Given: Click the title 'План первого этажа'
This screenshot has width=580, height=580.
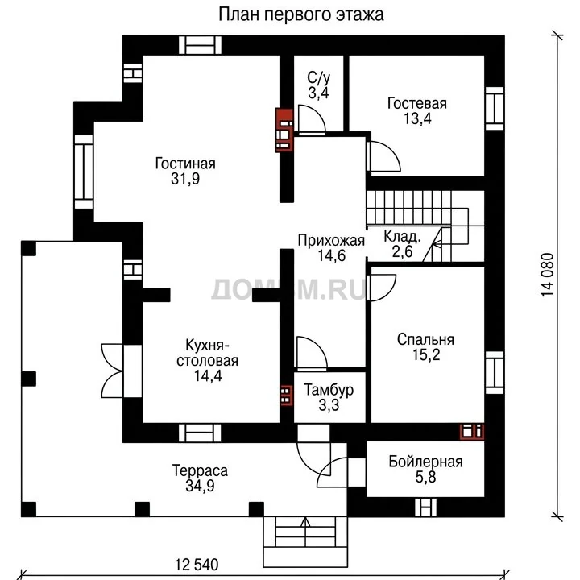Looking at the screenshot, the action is (300, 14).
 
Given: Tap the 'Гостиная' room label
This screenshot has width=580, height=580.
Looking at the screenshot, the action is (185, 163).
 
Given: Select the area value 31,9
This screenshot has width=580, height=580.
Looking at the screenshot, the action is (185, 179).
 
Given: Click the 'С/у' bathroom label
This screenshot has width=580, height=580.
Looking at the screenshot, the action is (318, 77).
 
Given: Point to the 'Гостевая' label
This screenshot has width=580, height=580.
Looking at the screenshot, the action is (417, 103).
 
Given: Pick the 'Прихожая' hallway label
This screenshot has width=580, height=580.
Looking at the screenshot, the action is (331, 240).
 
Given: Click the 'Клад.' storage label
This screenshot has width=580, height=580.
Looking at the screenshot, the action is (402, 236).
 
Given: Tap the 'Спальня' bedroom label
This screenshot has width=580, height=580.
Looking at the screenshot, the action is (425, 339).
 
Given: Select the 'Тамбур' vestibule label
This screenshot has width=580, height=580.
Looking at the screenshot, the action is (329, 390).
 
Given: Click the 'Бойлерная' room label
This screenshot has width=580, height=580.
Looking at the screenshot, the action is (425, 462).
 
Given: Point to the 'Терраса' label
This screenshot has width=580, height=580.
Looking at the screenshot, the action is (200, 470).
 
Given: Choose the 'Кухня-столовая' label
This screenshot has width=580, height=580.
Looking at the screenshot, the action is (207, 353).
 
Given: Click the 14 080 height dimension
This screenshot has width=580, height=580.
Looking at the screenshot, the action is (548, 274).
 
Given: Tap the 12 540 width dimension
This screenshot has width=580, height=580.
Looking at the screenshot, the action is (197, 565).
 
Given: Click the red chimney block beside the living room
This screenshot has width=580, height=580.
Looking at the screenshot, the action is (284, 130).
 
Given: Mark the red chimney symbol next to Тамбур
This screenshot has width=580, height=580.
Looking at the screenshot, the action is (286, 395).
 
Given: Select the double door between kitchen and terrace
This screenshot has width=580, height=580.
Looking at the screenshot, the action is (112, 371).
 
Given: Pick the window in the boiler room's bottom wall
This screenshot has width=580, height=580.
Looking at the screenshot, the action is (425, 507).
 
